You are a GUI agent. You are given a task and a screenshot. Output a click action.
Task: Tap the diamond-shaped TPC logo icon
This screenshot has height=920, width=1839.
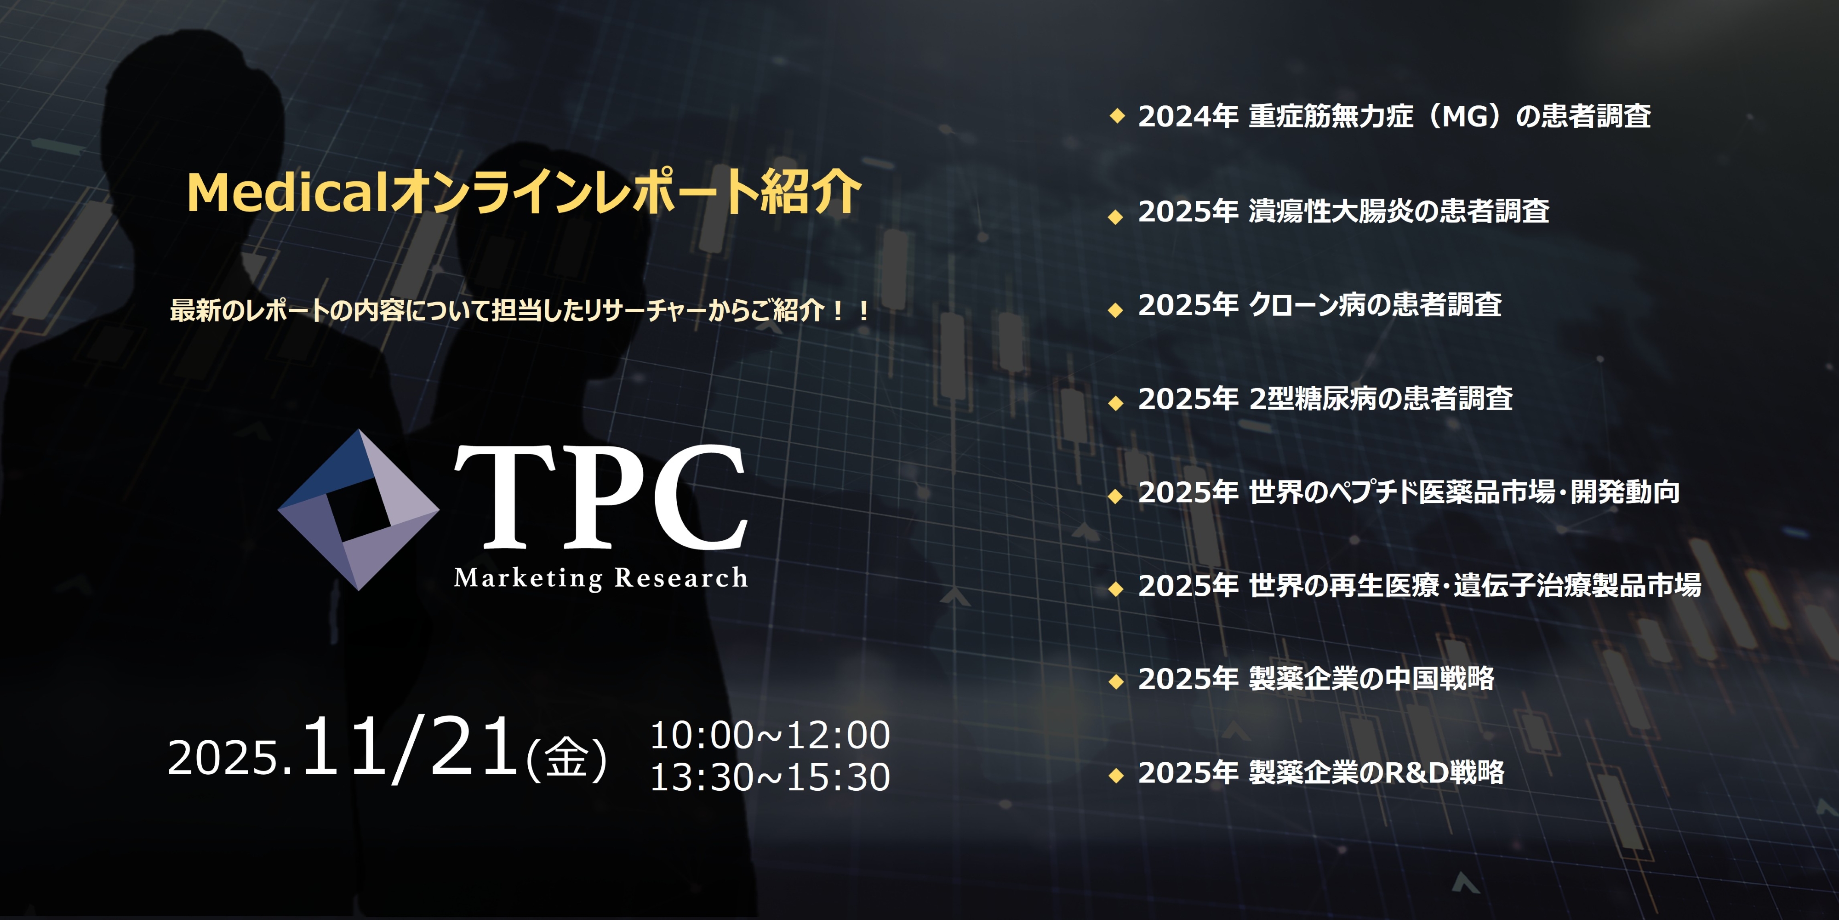pos(359,509)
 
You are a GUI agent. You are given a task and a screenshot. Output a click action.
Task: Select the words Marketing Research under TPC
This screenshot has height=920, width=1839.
pos(601,577)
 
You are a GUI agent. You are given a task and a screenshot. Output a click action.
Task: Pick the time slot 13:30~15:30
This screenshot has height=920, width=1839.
pos(770,777)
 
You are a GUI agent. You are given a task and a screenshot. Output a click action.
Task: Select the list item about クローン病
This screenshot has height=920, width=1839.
pos(1320,305)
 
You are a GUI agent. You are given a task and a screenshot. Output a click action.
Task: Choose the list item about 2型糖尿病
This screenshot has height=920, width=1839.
pos(1325,398)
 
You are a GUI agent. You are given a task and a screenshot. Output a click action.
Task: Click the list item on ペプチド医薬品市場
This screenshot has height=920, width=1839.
pos(1409,492)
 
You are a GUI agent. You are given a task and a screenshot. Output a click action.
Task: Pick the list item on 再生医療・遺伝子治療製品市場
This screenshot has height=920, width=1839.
pos(1419,585)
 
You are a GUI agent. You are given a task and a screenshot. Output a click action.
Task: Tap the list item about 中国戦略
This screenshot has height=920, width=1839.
pos(1316,679)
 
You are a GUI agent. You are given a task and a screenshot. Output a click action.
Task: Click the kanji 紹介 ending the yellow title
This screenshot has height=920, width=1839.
pos(811,192)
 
